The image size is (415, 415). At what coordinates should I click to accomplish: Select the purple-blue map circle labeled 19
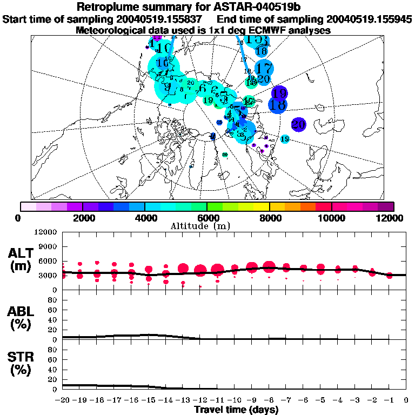click(x=279, y=93)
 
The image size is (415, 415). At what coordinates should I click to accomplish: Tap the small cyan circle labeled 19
click(x=285, y=139)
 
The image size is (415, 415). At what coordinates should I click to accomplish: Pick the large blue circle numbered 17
click(x=264, y=69)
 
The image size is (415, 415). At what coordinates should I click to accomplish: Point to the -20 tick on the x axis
click(x=63, y=400)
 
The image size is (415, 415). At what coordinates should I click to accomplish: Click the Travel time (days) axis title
click(x=236, y=410)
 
